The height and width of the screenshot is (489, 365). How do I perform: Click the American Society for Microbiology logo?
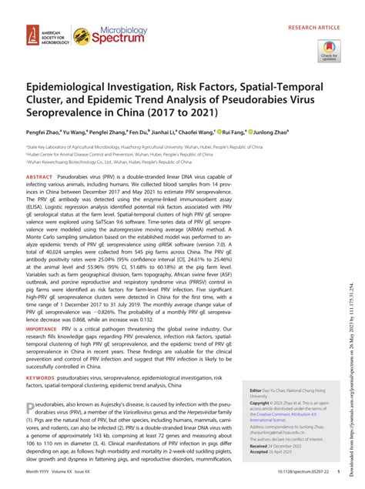(x=39, y=35)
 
